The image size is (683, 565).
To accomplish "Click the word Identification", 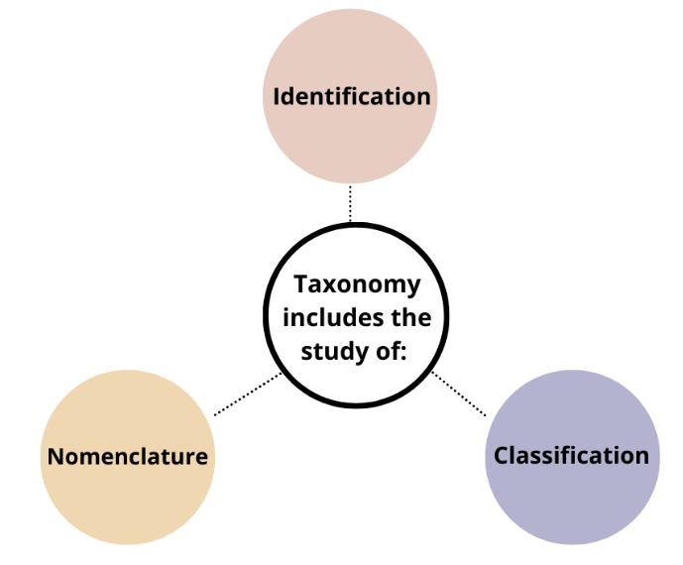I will tap(352, 96).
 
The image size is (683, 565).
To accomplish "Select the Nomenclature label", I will tap(128, 456).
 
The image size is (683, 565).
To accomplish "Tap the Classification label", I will tap(571, 455).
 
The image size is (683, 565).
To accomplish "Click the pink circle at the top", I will tap(350, 139).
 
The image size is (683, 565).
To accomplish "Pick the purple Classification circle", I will tap(571, 506).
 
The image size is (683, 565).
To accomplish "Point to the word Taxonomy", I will tap(357, 284).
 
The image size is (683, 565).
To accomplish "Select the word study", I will tap(335, 351).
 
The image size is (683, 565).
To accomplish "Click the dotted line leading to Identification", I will tap(350, 203).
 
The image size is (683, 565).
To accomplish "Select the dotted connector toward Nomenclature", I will tap(248, 395).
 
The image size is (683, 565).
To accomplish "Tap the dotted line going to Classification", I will tap(458, 394).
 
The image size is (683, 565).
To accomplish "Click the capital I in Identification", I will tap(277, 96).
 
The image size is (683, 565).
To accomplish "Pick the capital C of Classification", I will tap(502, 455).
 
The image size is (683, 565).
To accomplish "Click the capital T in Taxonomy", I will tap(300, 284).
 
